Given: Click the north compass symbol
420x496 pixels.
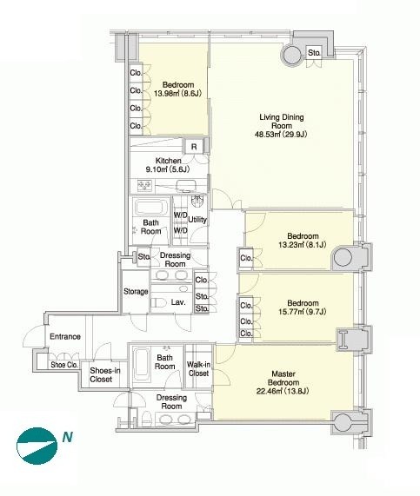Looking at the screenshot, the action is [x=37, y=446].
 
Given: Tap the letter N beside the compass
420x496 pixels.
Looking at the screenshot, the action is [x=68, y=437].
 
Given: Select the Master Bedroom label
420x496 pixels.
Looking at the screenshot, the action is [x=283, y=379].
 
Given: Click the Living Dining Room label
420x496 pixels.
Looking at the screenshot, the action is [x=282, y=122].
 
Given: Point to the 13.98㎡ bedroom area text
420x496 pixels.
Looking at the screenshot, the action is [x=177, y=93].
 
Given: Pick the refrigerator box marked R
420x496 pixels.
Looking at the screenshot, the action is [x=194, y=147].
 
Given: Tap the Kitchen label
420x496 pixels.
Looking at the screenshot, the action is [x=168, y=161].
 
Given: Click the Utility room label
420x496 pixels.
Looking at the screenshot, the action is [x=197, y=220].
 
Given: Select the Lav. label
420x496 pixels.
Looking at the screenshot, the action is [x=178, y=302].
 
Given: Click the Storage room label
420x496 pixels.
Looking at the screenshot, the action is [x=136, y=292].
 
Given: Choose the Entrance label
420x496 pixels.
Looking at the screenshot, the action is [x=65, y=336].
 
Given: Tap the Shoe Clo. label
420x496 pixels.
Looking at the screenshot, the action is [x=64, y=365].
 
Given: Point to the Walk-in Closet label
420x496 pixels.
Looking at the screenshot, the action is [x=198, y=369].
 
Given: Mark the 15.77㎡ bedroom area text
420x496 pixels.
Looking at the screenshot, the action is [x=303, y=312].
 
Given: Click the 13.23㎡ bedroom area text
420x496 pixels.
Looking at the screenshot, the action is [x=303, y=244].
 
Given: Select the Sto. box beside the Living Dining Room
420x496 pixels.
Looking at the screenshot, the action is [x=314, y=52].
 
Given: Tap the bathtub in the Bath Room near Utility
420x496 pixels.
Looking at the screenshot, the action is [x=151, y=208].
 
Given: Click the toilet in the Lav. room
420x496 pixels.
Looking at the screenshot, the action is [x=158, y=302].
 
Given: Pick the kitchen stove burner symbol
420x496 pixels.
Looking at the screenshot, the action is [x=144, y=185].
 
